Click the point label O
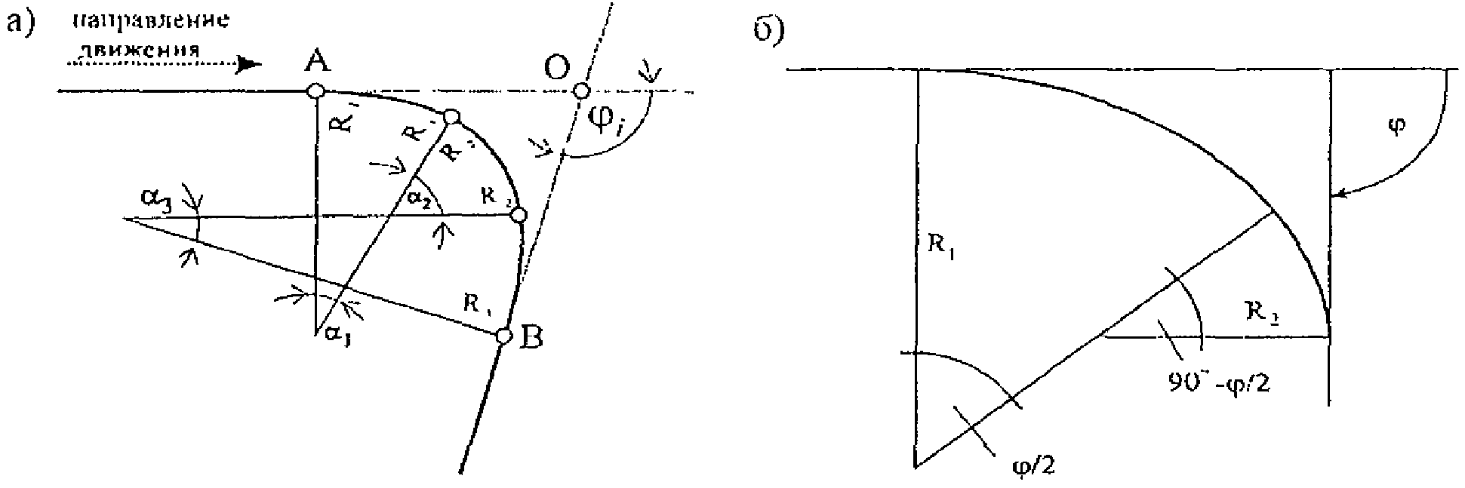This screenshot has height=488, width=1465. [x=558, y=69]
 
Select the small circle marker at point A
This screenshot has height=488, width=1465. [x=315, y=91]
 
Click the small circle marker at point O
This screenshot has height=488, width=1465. [x=580, y=91]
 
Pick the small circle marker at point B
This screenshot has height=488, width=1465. [x=503, y=336]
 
